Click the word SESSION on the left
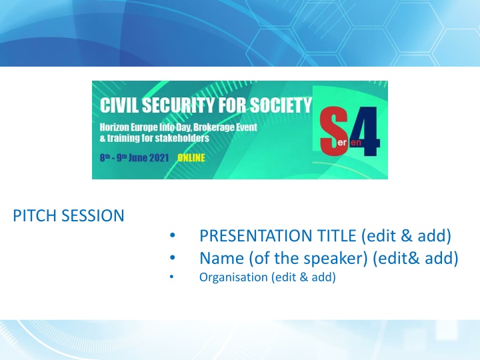click(x=93, y=215)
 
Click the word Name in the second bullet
click(x=221, y=258)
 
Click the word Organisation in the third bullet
click(x=233, y=277)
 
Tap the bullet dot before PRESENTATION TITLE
click(x=173, y=235)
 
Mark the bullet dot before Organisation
click(x=171, y=277)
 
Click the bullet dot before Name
click(x=173, y=258)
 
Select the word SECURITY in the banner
click(x=179, y=105)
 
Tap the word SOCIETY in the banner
click(x=281, y=105)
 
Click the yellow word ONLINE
click(x=191, y=158)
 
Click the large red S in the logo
click(x=333, y=131)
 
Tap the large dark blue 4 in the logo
click(x=365, y=131)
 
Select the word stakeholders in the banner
click(x=182, y=138)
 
